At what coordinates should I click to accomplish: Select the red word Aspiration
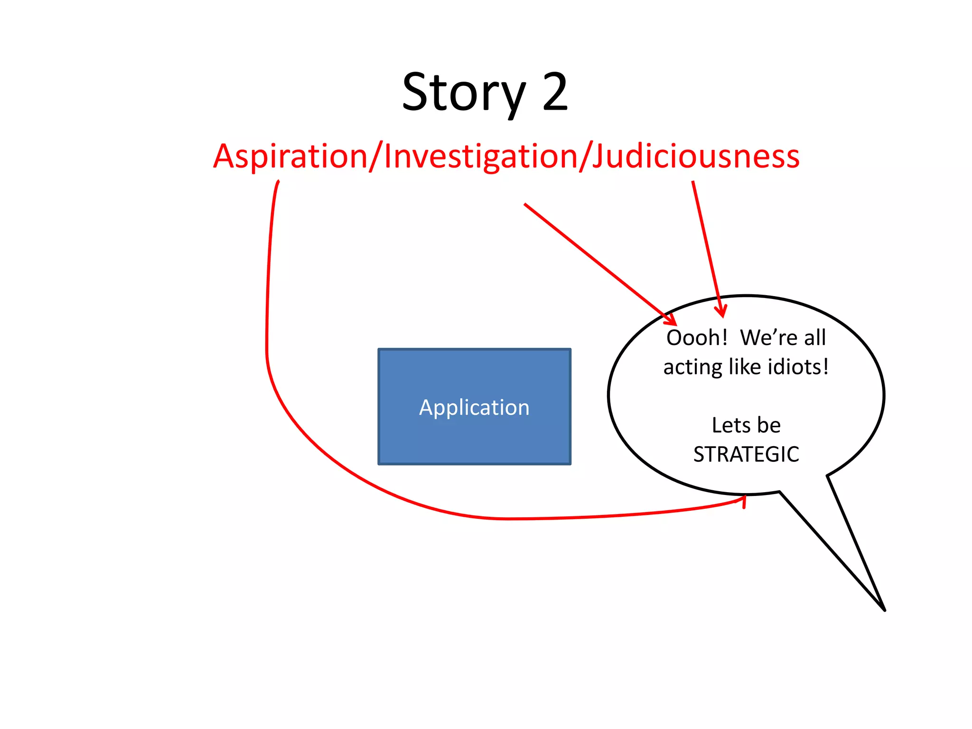click(290, 156)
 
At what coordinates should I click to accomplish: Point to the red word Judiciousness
click(696, 156)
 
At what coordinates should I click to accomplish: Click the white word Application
click(474, 407)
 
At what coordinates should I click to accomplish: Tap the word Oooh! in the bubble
click(696, 338)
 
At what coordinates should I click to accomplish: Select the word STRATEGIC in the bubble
click(746, 454)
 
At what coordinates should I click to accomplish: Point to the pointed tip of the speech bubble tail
click(884, 610)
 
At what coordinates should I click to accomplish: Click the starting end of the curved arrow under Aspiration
click(278, 182)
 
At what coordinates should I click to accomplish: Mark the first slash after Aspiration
click(376, 156)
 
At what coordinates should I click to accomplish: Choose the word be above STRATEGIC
click(769, 425)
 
